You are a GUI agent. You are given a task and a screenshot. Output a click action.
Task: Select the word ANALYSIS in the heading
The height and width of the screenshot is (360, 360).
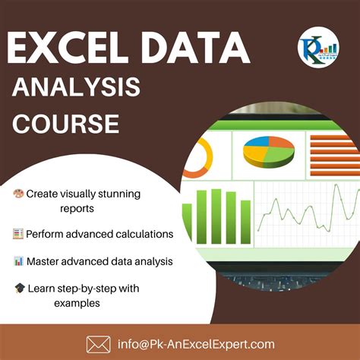point(77,89)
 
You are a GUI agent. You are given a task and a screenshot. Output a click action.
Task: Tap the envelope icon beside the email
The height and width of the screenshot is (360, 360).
point(99,343)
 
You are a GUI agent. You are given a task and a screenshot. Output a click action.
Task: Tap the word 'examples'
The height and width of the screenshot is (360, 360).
point(77,303)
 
